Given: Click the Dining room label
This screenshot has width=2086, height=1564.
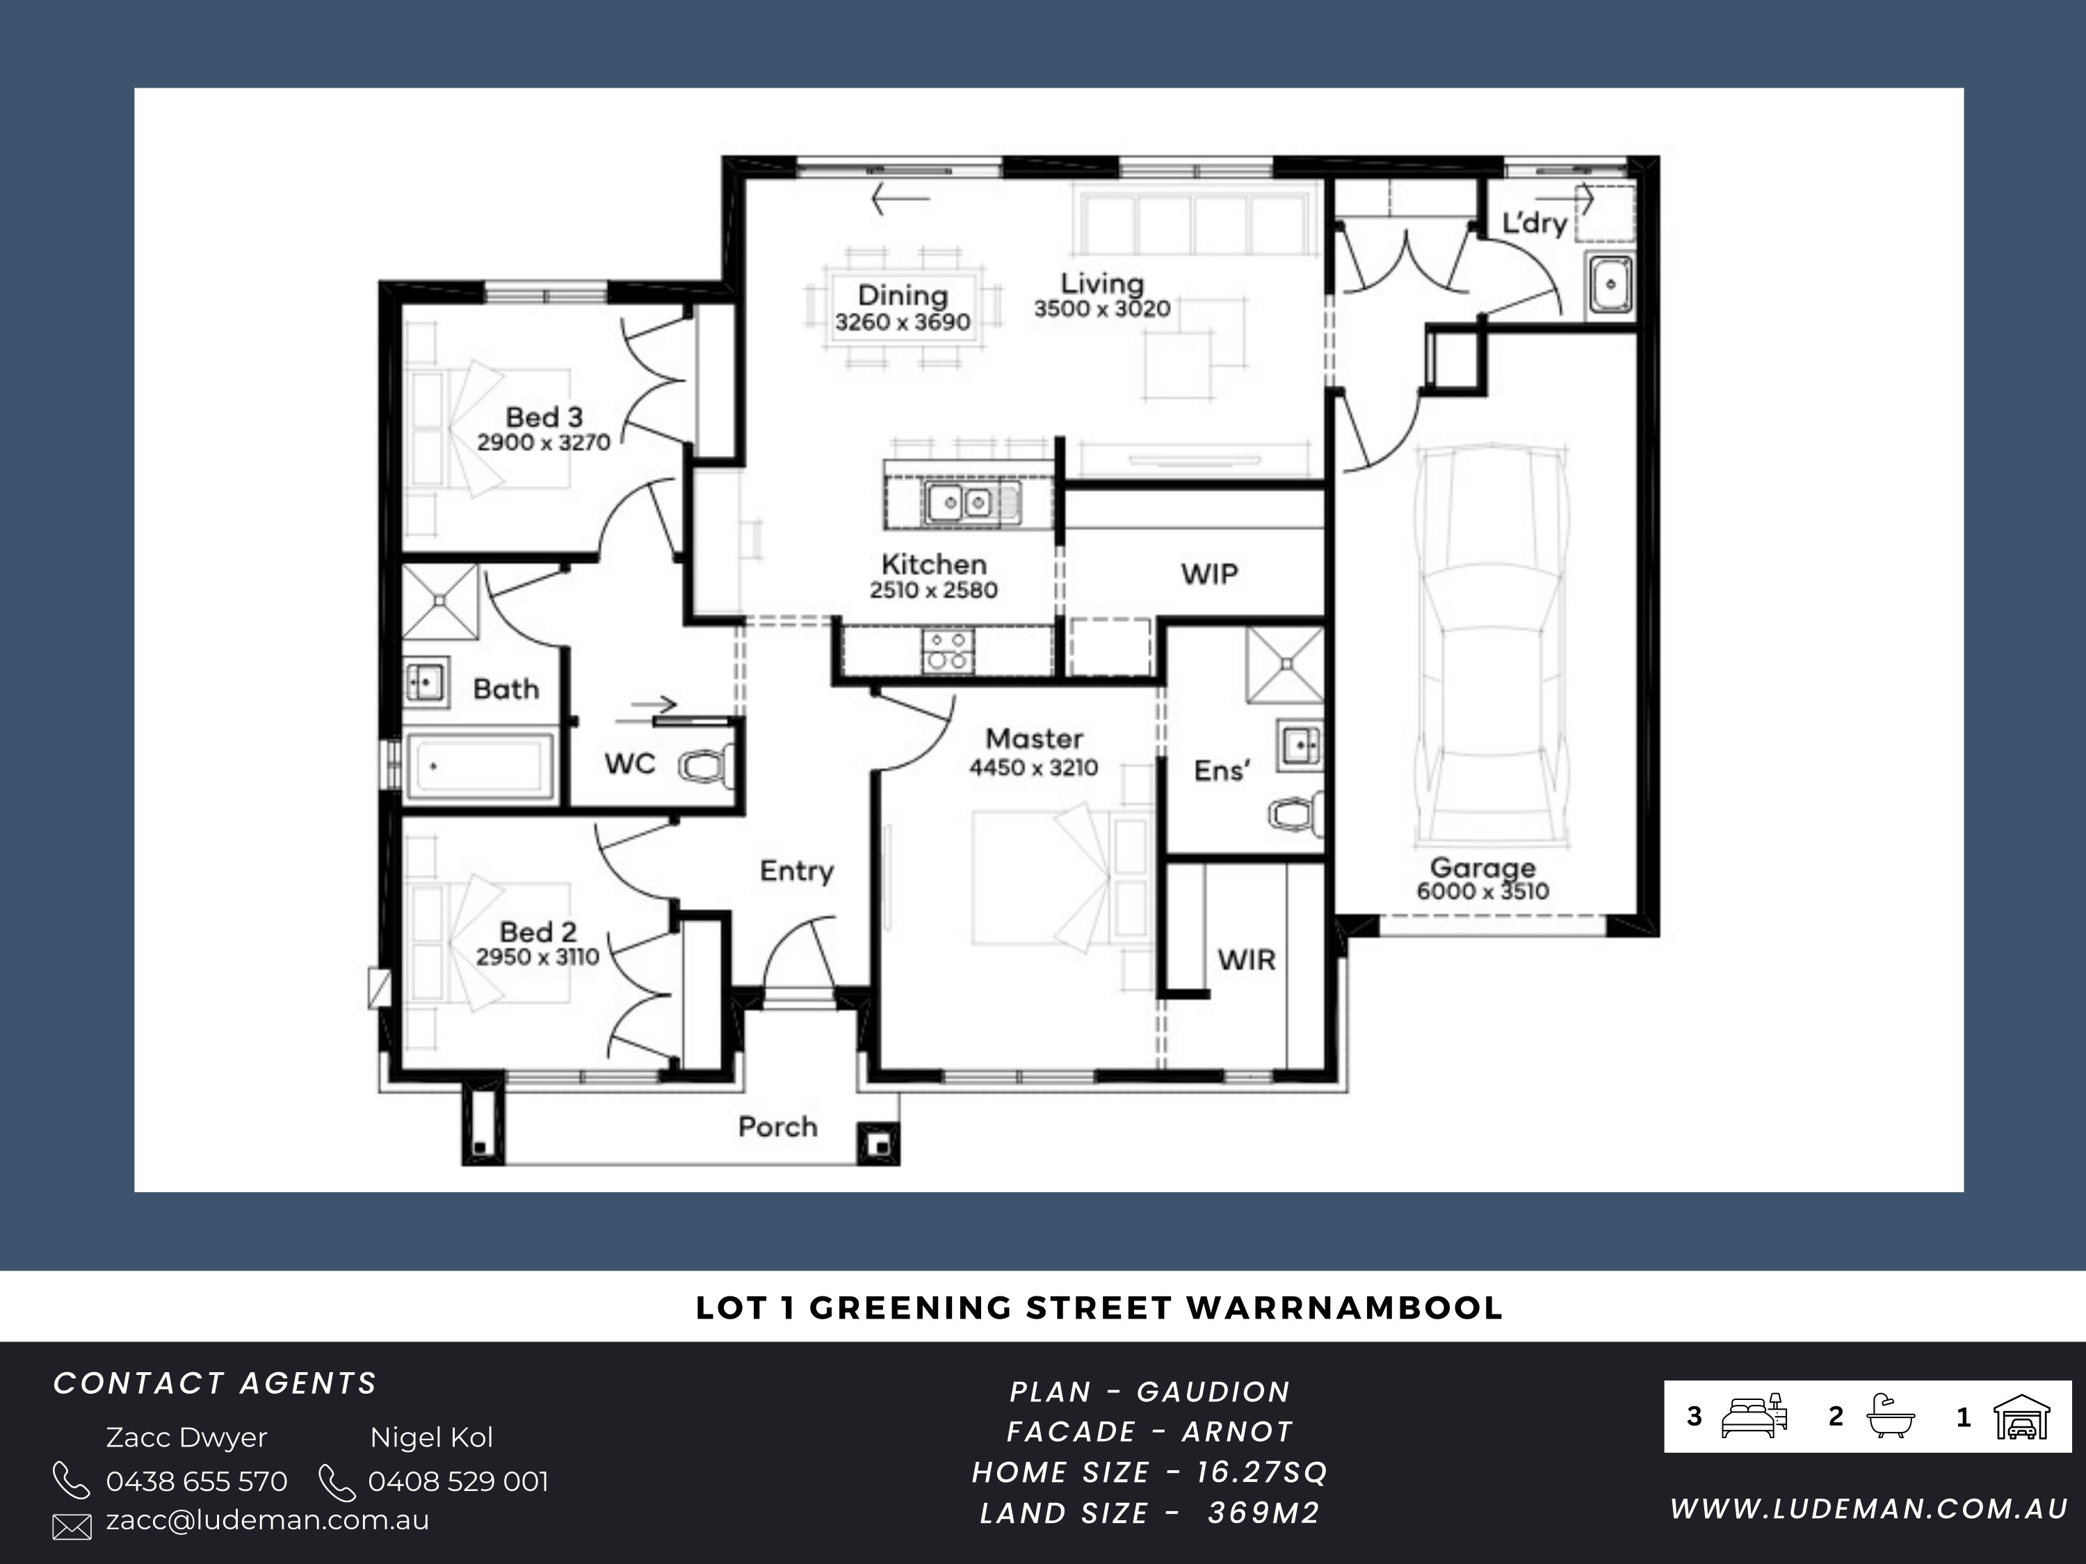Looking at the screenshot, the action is coord(903,295).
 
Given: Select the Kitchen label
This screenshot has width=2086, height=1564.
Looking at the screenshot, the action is coord(934,564).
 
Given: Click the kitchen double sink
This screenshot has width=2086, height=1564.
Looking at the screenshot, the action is coord(961,503).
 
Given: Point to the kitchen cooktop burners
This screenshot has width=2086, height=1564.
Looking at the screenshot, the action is coord(948,651).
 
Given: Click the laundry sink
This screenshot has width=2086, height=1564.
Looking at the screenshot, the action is coord(1610,283).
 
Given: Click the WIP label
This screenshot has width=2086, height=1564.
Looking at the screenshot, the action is coord(1209,573).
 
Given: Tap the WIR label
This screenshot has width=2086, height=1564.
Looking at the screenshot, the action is coord(1246,960).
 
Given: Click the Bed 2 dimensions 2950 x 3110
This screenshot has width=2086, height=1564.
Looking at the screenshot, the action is coord(537,957).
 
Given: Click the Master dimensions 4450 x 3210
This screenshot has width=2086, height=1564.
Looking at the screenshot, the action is coord(1033,767).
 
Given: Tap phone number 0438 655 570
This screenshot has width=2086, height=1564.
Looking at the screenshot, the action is coord(196,1481).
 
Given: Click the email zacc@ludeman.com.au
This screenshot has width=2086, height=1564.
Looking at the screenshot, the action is coord(267,1520).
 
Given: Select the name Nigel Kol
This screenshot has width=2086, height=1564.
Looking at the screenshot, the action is coord(431,1437).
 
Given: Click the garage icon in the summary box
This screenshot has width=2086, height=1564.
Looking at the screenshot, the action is coord(2021,1417).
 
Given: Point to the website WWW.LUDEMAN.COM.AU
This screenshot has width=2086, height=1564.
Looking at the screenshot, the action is coord(1869,1508).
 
